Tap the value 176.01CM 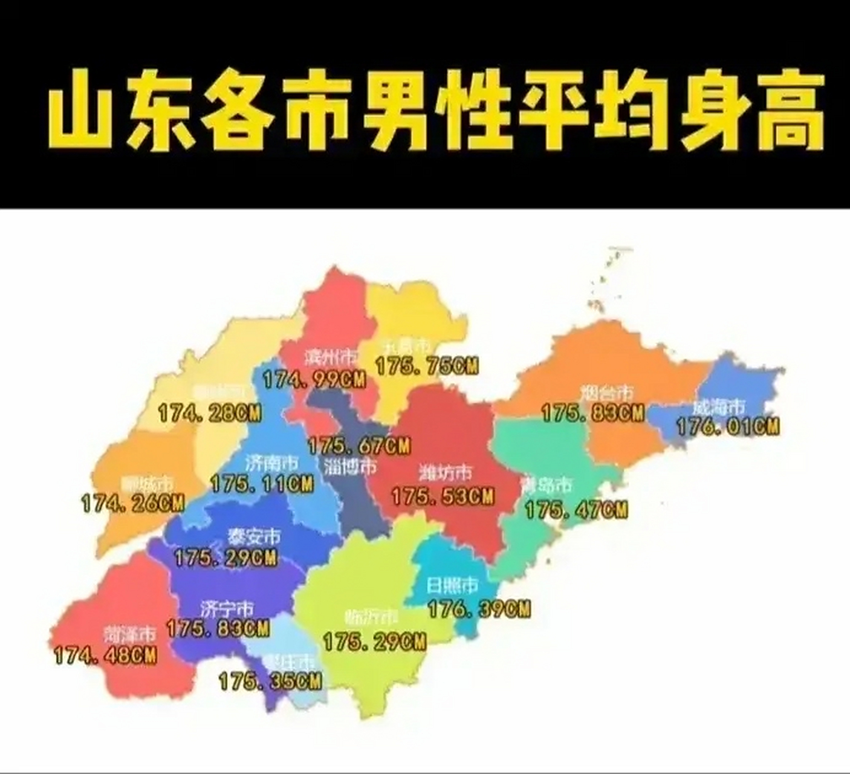click(727, 427)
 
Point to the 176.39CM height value click(479, 609)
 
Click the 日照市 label click(452, 585)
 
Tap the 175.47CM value click(576, 510)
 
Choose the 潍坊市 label click(446, 472)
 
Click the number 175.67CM click(359, 446)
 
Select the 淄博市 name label click(350, 466)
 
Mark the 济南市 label click(271, 463)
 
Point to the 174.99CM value click(314, 379)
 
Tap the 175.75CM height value click(427, 366)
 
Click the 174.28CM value click(210, 414)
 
